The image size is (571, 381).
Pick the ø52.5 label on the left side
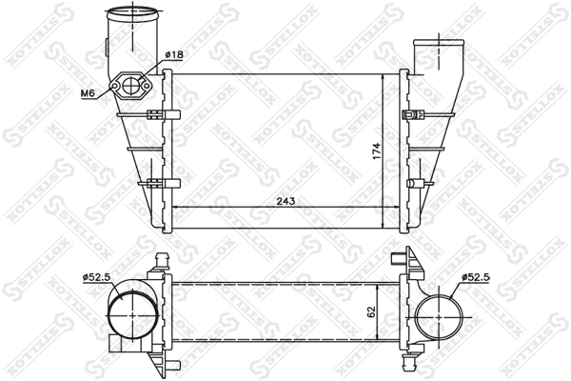pos(98,277)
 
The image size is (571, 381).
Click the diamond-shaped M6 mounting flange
pos(129,87)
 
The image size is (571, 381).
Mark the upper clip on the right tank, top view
pos(414,116)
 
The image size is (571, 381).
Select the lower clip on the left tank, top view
pos(152,184)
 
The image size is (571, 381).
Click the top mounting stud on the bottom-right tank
pos(397,258)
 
